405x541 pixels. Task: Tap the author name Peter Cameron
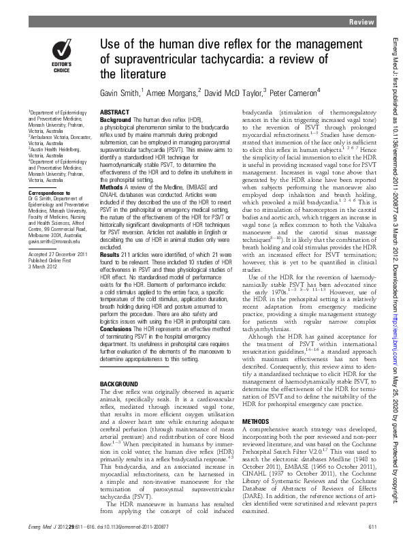tap(287, 92)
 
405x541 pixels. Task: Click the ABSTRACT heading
tap(116, 110)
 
